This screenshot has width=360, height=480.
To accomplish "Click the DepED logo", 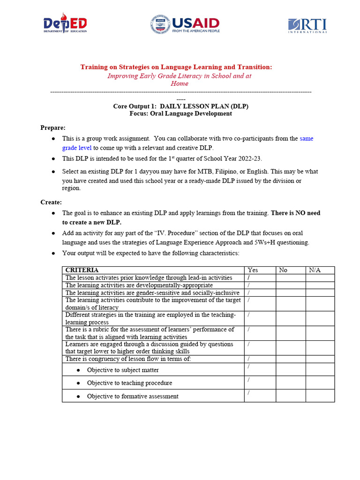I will coord(65,25).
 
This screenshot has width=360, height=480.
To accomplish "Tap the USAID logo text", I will coord(196,23).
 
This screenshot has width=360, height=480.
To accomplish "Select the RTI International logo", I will coord(307,25).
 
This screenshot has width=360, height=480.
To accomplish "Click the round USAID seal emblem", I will coord(160,25).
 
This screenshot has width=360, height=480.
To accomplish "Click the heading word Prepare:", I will coord(53,127).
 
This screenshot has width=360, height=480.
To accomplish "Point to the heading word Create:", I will coord(51,202).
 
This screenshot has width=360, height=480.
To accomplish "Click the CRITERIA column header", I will coord(82,270).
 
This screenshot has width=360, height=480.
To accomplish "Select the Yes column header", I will coord(253,270).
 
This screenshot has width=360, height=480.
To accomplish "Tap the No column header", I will coord(283,270).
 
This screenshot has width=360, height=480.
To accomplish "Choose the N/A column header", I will coord(314,270).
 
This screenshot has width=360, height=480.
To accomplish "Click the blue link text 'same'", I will coord(307,138).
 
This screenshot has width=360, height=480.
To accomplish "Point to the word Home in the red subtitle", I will coord(180,83).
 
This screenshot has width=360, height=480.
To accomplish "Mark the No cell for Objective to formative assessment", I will coord(291,396).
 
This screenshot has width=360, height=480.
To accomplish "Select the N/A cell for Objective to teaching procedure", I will coord(320,382).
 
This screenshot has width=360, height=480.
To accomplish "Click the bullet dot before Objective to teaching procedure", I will coord(78,383).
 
